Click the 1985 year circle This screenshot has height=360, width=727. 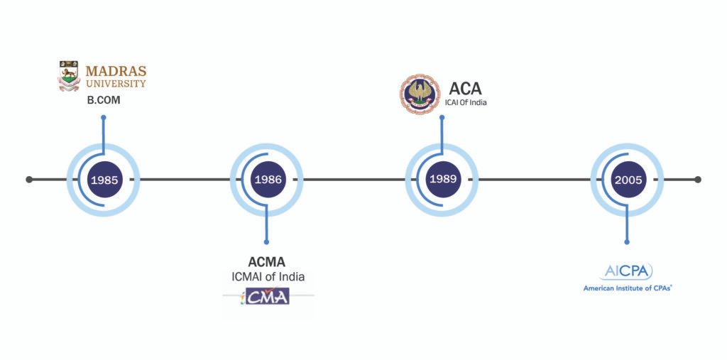point(104,180)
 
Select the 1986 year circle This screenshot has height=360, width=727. point(267,180)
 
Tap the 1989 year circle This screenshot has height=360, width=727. point(442,180)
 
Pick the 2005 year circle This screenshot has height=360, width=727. point(628,180)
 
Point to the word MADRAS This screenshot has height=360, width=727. point(116,71)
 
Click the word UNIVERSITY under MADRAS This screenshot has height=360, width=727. point(116,84)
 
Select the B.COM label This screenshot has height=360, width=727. point(104,100)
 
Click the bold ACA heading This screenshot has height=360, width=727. point(465,89)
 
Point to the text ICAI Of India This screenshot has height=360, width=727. point(466,103)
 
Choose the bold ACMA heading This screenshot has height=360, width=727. point(267,261)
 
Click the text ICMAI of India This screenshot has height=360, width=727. point(267,276)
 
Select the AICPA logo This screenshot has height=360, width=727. point(628,271)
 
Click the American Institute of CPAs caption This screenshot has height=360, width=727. point(628,288)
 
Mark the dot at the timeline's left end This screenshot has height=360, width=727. point(29,180)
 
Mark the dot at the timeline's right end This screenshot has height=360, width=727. point(698,180)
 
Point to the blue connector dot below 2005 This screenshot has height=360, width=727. point(628,242)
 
